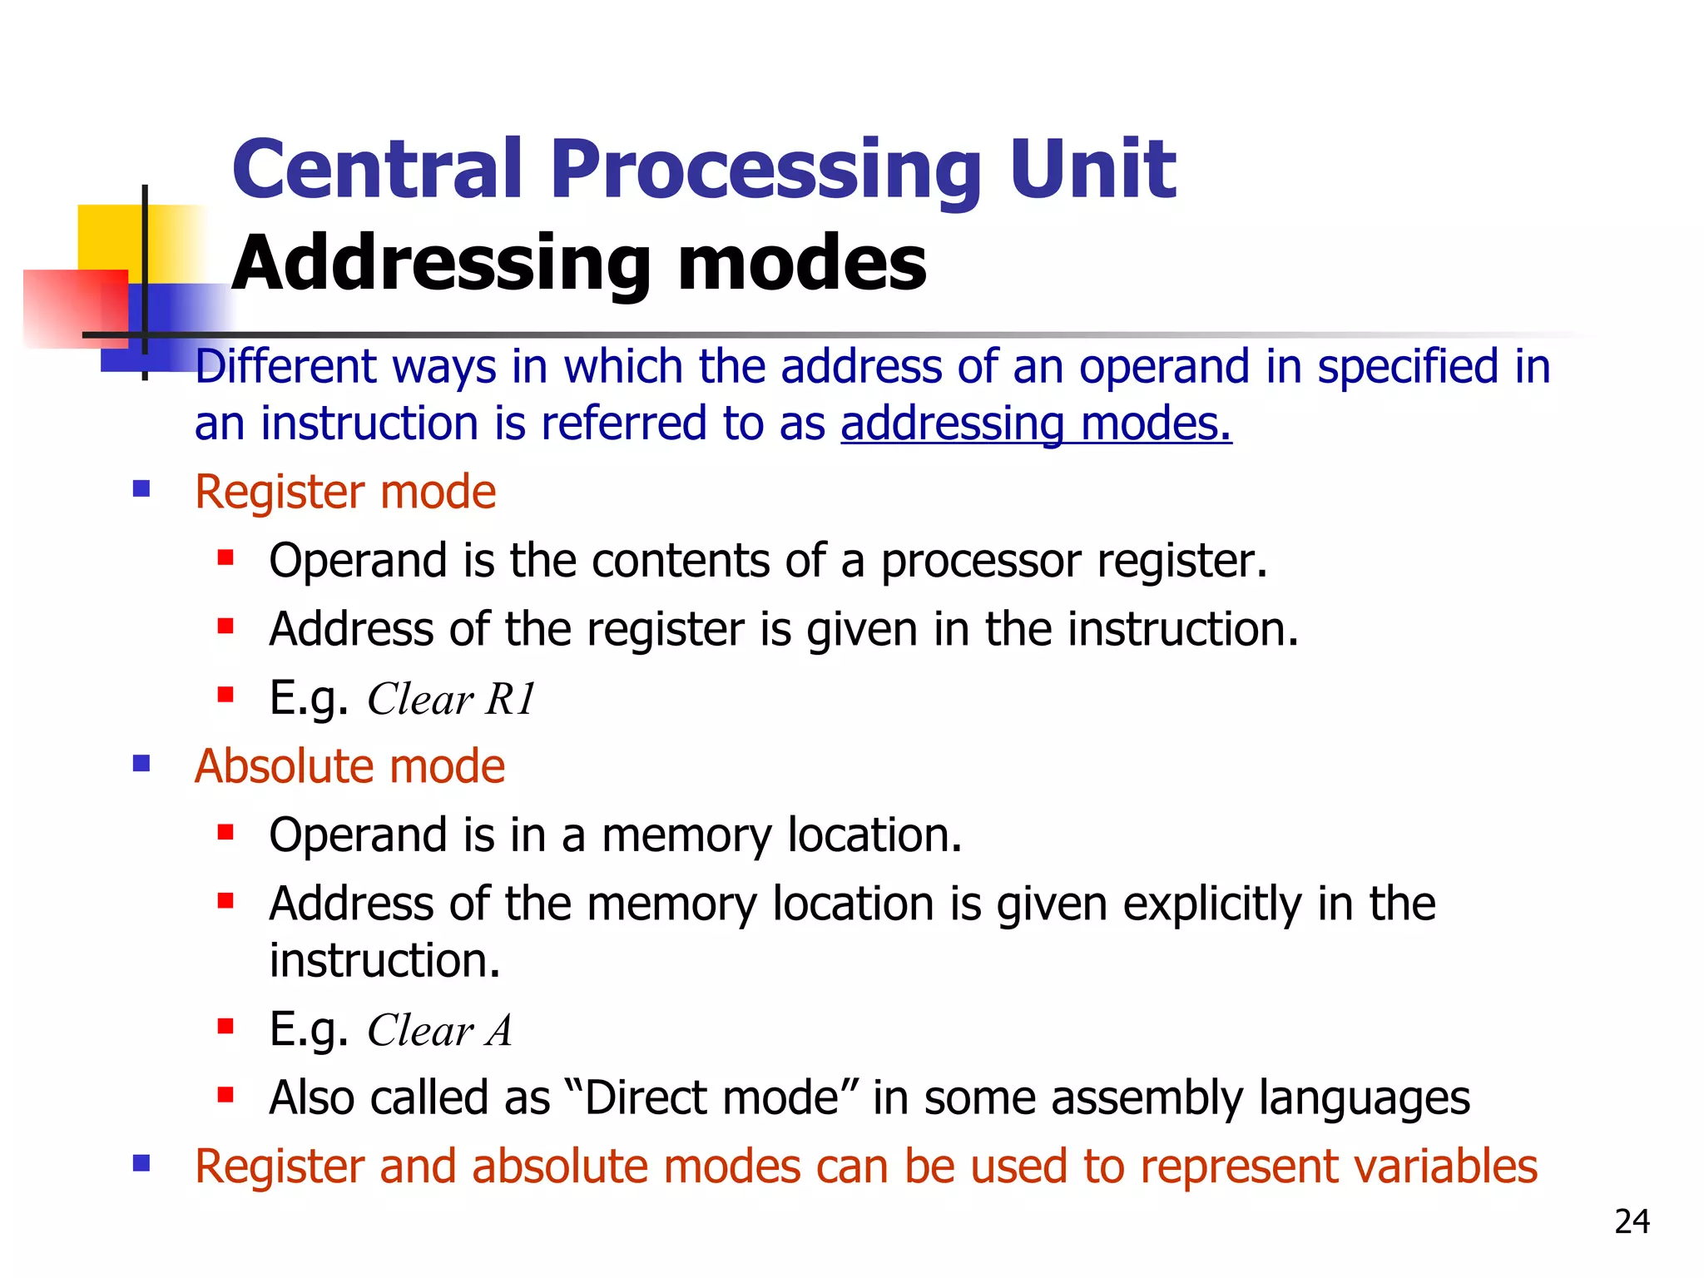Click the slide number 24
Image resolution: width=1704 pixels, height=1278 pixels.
pos(1632,1221)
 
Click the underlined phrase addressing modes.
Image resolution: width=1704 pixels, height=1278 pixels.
pos(1036,424)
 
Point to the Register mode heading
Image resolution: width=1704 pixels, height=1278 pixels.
pos(345,492)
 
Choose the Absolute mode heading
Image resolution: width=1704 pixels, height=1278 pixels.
pos(349,766)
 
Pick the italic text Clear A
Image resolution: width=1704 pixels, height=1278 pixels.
pos(439,1030)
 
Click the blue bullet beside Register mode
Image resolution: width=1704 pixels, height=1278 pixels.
pos(141,488)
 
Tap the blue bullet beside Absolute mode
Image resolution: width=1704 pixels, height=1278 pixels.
pos(141,763)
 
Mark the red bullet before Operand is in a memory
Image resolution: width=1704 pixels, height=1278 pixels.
pos(225,831)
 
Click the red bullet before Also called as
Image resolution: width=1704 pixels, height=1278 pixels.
pos(225,1094)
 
